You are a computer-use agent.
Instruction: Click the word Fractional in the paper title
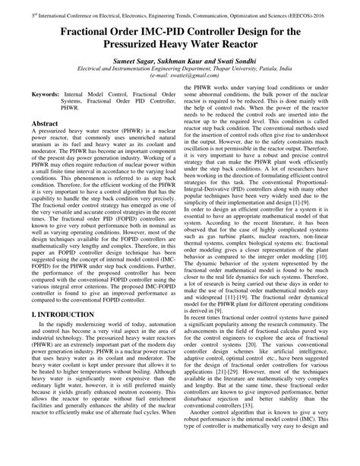click(x=93, y=33)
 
